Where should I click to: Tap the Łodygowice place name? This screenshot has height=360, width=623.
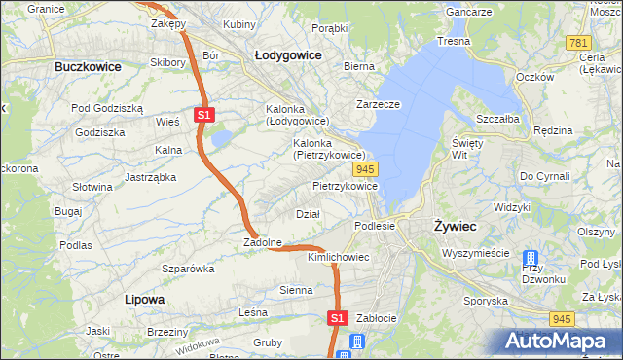[288, 55]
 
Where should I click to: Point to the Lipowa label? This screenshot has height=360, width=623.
[144, 299]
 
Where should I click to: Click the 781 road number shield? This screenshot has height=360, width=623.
[578, 43]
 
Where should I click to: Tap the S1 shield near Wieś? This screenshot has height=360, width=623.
[203, 115]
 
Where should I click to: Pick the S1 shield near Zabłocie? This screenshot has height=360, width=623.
[337, 317]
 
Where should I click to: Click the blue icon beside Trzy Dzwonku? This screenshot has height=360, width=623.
[531, 260]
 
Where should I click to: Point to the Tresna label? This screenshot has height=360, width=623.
[454, 41]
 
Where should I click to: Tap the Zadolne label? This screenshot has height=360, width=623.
[262, 242]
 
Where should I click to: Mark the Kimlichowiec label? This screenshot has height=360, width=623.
[338, 257]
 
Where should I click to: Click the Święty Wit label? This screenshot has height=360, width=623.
[468, 148]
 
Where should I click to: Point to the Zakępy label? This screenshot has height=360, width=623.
[167, 22]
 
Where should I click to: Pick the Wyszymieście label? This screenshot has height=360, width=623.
[475, 252]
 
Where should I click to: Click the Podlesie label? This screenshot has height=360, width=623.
[375, 225]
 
